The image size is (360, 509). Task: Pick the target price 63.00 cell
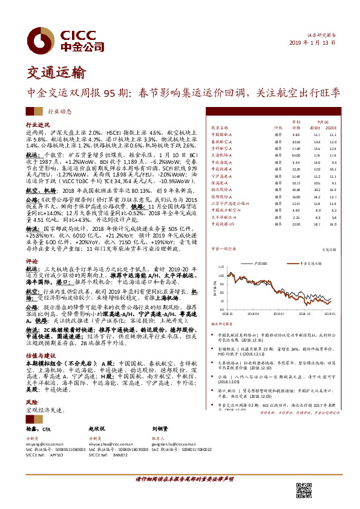(x=296, y=155)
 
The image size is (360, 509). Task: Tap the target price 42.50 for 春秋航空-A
(x=296, y=141)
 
